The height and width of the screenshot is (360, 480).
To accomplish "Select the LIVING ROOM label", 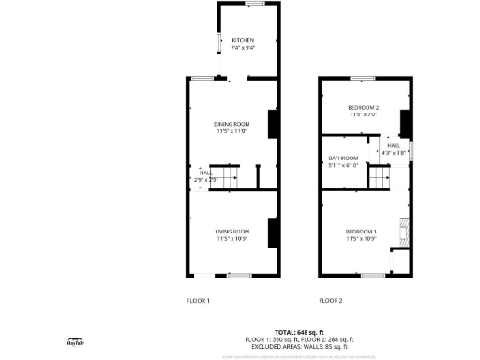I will coord(232,234).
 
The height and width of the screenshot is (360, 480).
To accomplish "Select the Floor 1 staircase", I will coord(226,178).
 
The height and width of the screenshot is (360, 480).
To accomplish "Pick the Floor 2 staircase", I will coord(379,177).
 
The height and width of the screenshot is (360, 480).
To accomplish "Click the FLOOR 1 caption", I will coord(198,300).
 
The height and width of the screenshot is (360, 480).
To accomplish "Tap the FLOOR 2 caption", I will coord(331,300).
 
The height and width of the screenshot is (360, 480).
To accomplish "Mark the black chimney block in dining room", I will coord(273,125).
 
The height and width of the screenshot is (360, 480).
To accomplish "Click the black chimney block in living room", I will coord(273,232).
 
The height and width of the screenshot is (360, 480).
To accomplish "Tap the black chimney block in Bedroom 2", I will coord(405,123).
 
